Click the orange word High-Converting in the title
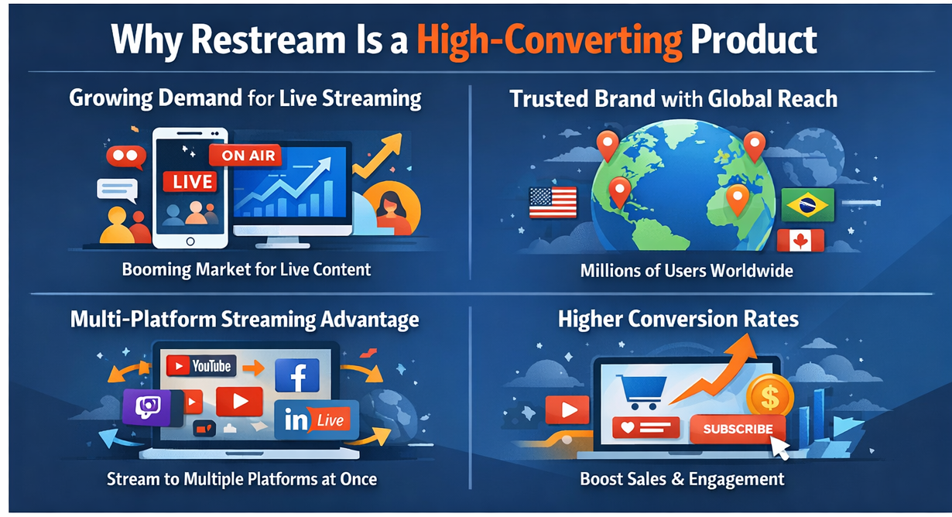point(550,40)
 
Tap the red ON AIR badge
point(246,155)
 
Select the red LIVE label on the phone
point(190,182)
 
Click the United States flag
point(553,203)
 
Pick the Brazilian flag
point(807,205)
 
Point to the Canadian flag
point(800,241)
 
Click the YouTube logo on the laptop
point(201,366)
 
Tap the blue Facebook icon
point(297,375)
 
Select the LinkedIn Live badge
point(317,419)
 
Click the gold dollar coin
point(769,397)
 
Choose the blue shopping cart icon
point(642,392)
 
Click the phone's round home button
point(190,241)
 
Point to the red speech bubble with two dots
point(125,157)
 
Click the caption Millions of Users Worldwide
point(687,271)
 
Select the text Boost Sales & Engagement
point(682,479)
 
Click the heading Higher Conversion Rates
point(678,319)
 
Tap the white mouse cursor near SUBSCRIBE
point(779,448)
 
